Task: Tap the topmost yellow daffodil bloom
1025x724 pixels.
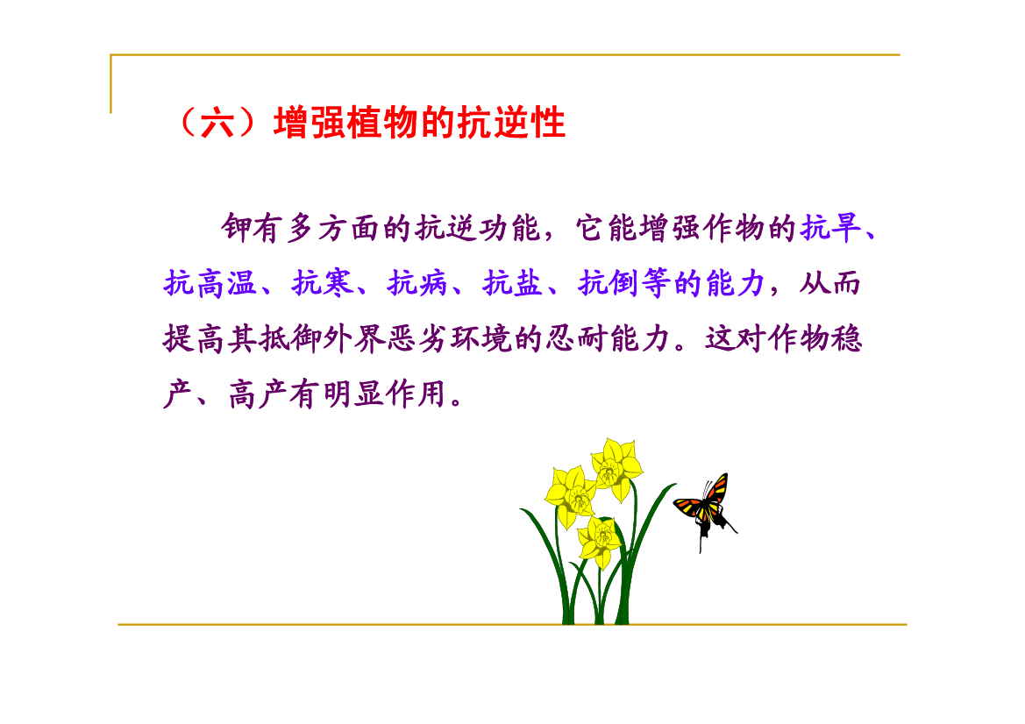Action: click(616, 466)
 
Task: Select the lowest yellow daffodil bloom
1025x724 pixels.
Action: click(599, 540)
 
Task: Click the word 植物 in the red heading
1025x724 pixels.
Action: click(381, 122)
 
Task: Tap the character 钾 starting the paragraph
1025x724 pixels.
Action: click(237, 228)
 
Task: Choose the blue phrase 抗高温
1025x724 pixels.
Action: click(210, 283)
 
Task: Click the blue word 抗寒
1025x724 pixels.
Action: click(323, 283)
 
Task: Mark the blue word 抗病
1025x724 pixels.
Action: click(417, 283)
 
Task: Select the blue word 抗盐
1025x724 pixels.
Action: click(513, 283)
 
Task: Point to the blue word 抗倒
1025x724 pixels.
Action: click(609, 283)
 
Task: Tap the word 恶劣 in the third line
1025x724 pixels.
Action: click(417, 338)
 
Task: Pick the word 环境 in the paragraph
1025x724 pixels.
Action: click(480, 338)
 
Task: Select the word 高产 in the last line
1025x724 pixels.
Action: click(258, 394)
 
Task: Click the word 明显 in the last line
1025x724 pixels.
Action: click(353, 394)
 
